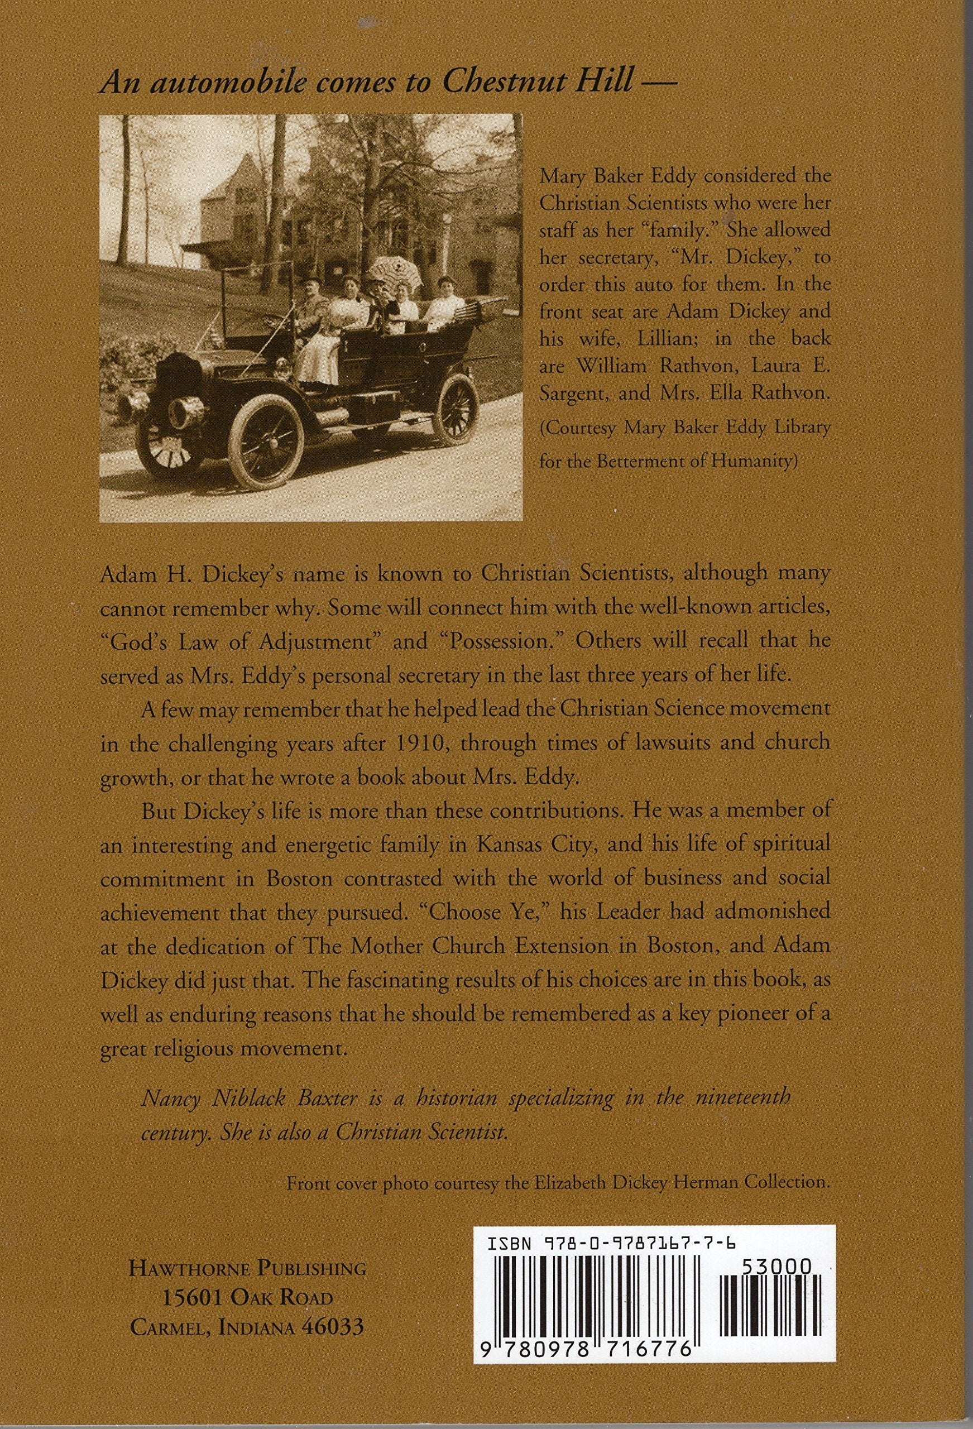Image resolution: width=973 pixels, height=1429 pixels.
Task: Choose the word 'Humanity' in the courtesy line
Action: point(755,463)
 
